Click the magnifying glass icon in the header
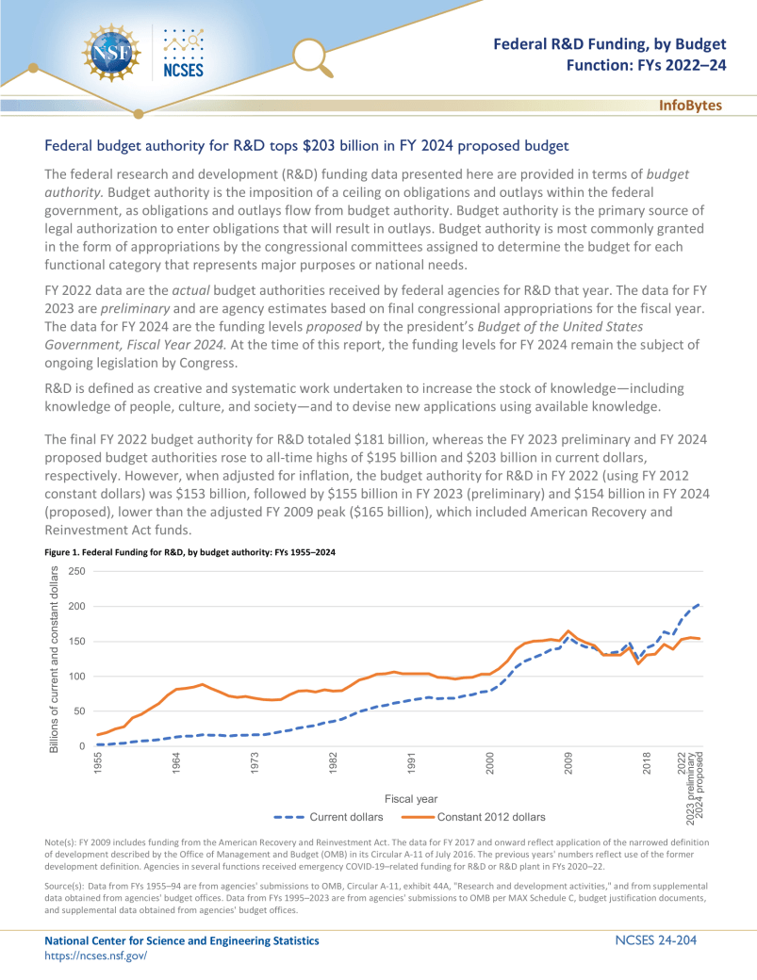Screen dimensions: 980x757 click(x=313, y=57)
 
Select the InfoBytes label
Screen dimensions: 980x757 click(x=690, y=105)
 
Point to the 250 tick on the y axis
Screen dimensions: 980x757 click(x=77, y=571)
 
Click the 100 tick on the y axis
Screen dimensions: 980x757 click(x=77, y=677)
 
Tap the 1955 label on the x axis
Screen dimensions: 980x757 click(x=98, y=763)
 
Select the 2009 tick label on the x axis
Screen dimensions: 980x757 click(x=568, y=763)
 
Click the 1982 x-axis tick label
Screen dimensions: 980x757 click(x=333, y=763)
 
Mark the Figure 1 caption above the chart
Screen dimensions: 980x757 click(x=190, y=551)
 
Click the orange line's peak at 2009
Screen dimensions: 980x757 click(x=568, y=631)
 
